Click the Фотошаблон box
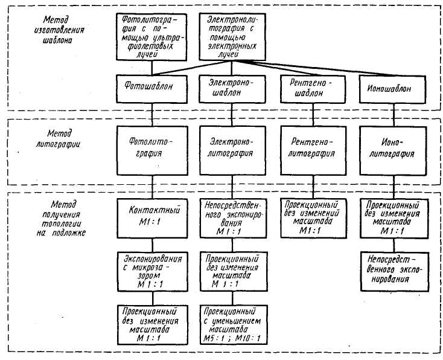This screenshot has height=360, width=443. [x=151, y=88]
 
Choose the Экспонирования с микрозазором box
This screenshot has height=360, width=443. [x=151, y=271]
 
